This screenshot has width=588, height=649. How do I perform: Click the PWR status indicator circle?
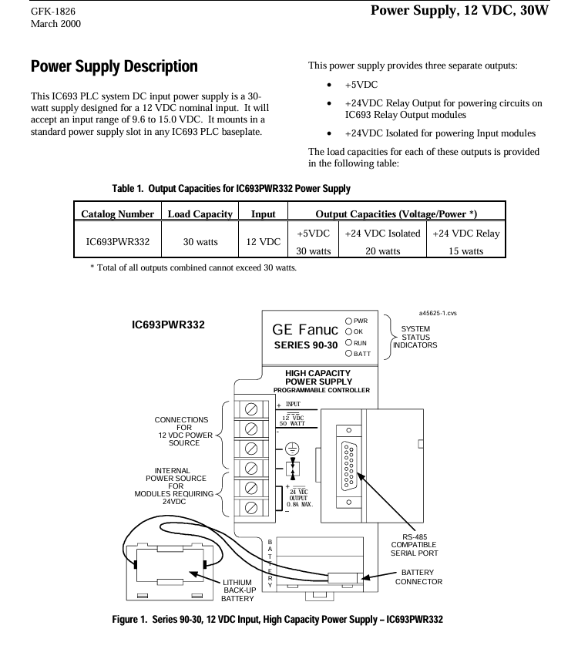coord(348,321)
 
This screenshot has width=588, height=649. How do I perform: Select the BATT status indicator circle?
coord(348,354)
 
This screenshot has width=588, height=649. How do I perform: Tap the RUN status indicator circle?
coord(348,343)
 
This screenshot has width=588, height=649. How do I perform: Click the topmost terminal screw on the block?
coord(251,409)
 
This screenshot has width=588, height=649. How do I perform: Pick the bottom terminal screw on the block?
coord(251,507)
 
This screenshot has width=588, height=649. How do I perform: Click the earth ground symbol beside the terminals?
coord(293,449)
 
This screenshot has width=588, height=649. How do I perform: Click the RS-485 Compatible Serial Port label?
coord(414,545)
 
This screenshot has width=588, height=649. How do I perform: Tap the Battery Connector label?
coord(418,577)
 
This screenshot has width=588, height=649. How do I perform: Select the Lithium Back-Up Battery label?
coord(238,590)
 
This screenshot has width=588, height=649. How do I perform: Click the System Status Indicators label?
coord(415,337)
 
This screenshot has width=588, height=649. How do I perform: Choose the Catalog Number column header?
coord(117,214)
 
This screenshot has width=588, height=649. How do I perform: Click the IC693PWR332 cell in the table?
coord(117,242)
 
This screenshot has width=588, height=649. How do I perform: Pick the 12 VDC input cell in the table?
coord(263,242)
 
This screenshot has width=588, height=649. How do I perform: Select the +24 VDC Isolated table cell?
coord(383,234)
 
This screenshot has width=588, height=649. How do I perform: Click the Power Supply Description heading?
coord(114,66)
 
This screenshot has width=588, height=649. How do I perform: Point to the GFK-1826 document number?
coord(53,11)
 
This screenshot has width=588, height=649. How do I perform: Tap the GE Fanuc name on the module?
coord(305,329)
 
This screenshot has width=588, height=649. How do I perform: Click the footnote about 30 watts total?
coord(193,267)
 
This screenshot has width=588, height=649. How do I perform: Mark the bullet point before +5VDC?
coord(329,85)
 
